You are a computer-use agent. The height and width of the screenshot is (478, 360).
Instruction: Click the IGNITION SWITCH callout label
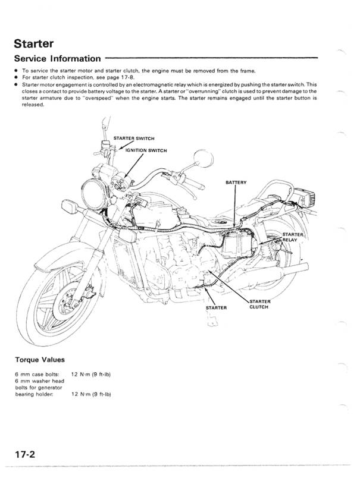[x=146, y=150]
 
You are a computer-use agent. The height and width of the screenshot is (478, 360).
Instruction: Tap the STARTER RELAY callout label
[x=292, y=237]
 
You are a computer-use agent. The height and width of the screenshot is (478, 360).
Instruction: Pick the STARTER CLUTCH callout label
[x=259, y=304]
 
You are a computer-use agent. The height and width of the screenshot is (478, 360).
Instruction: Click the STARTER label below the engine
[x=217, y=308]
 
